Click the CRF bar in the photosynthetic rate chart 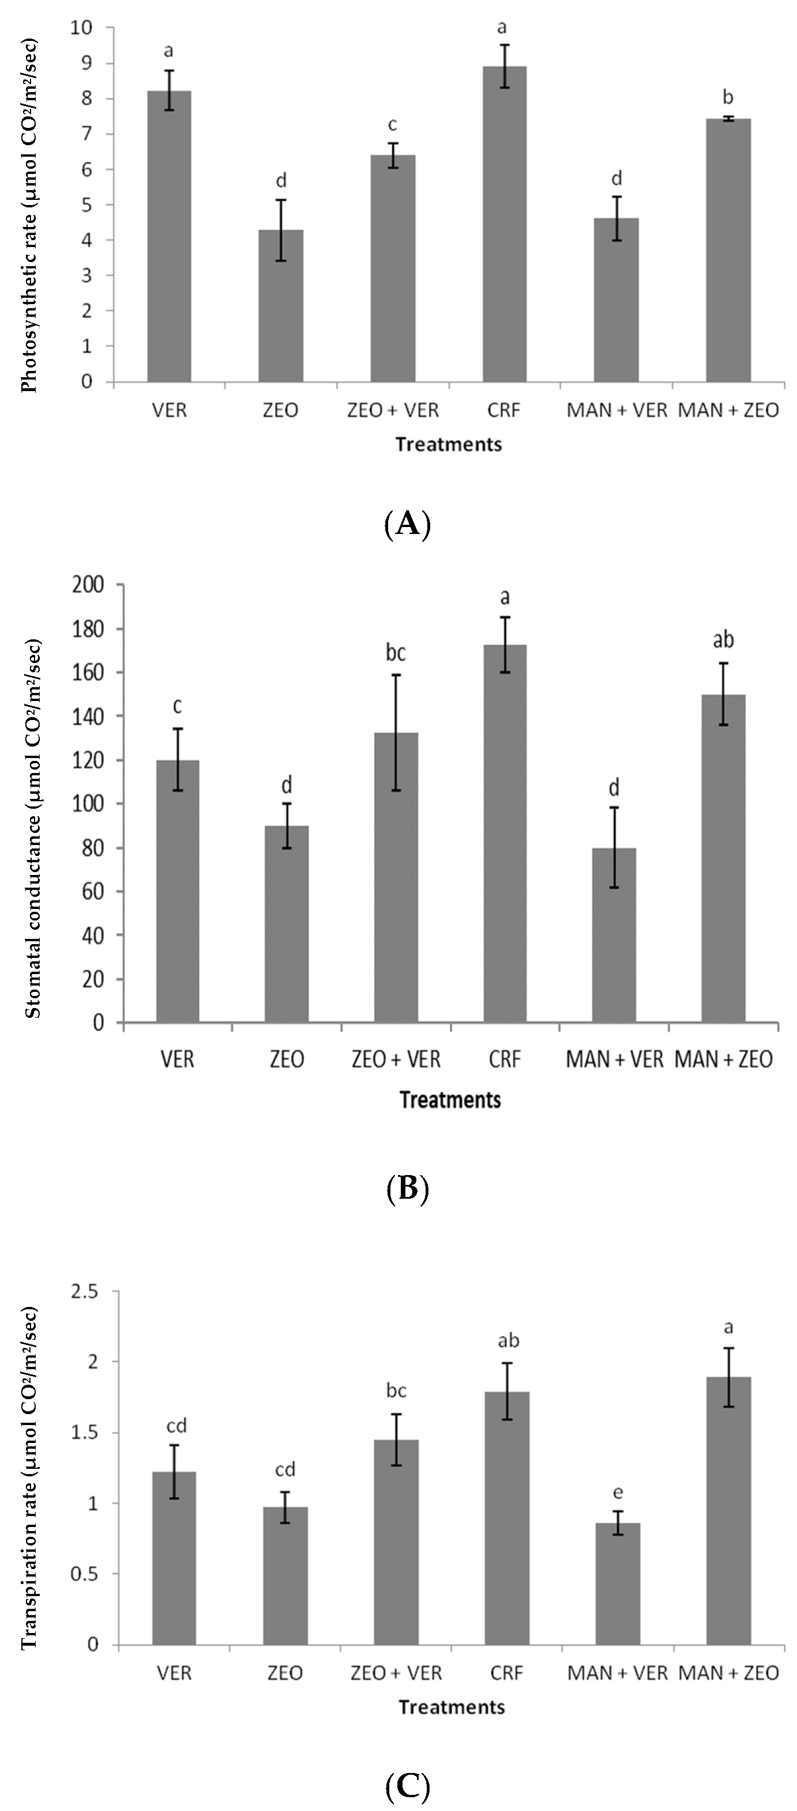pos(504,225)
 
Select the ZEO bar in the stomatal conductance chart pos(286,924)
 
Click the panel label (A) pos(408,524)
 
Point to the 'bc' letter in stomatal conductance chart pos(396,653)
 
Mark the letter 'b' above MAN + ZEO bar pos(729,97)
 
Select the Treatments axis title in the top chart pos(449,444)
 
